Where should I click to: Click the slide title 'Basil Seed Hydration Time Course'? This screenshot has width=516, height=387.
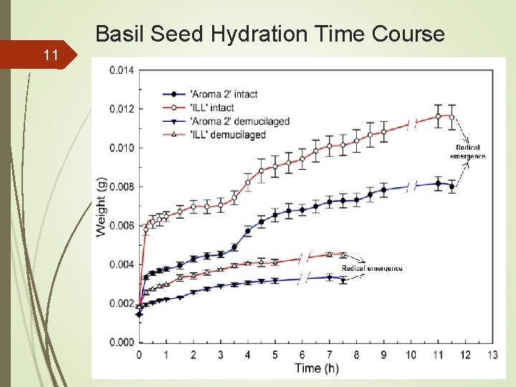point(269,34)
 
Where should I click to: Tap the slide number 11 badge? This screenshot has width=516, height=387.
point(50,54)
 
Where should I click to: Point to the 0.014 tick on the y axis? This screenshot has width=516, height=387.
point(121,70)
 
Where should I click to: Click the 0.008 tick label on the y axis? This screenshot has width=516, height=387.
point(121,186)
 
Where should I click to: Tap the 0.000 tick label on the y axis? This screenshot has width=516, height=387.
point(121,342)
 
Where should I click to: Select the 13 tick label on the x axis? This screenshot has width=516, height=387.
point(492,355)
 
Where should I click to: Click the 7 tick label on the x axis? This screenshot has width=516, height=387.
point(329,355)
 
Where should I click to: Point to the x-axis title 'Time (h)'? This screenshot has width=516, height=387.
point(316,368)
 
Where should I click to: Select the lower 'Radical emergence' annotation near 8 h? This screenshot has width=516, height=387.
point(372,269)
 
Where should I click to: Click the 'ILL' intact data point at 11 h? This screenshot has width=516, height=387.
point(438,116)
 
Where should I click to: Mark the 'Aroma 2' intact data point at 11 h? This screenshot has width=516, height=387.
point(438,183)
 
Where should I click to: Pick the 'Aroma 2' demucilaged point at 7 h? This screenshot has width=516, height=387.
point(329,277)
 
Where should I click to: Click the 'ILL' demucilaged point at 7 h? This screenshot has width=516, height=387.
point(329,254)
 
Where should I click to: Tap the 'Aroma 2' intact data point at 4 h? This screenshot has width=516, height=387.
point(248,231)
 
